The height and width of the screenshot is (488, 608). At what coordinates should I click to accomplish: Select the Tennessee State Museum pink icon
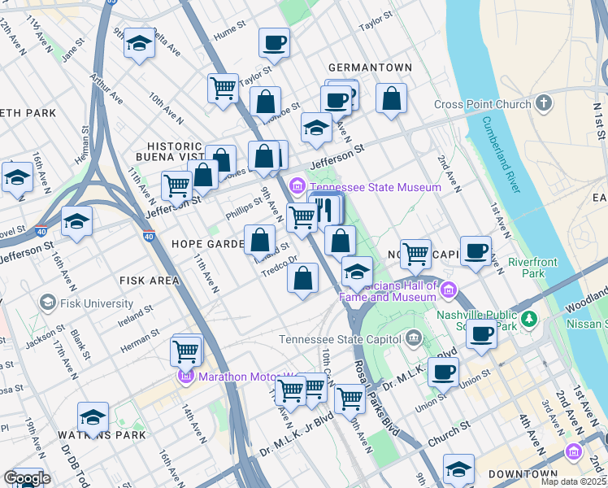point(297,188)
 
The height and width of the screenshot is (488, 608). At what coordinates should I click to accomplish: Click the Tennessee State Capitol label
point(341,339)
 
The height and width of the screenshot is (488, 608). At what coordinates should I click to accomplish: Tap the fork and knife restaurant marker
point(325,210)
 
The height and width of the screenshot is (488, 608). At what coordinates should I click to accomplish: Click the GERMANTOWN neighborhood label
point(370,67)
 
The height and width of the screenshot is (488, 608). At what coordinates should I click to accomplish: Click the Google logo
point(27,478)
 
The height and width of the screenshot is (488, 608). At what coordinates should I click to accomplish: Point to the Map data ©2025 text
point(574,481)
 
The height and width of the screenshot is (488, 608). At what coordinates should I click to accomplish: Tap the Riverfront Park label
point(533,268)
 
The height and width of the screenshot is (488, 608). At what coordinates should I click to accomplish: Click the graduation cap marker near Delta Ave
point(140,45)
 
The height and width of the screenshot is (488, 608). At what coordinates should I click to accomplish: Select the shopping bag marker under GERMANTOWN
point(391,99)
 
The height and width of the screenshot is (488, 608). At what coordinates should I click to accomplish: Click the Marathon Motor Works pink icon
point(186,377)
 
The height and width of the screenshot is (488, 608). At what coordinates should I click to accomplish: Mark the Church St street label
point(449,440)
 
